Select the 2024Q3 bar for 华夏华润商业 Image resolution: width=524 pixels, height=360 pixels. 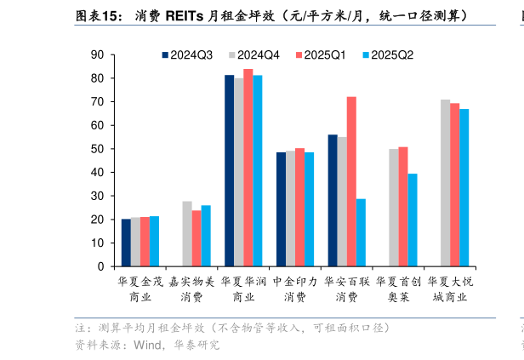(x=229, y=170)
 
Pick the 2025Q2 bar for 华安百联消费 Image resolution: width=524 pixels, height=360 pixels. (x=361, y=232)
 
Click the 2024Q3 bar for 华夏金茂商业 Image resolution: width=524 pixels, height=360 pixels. (x=126, y=243)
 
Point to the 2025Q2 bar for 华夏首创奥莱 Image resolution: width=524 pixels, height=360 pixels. (x=413, y=220)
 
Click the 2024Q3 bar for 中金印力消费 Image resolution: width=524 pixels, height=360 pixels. (x=281, y=209)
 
